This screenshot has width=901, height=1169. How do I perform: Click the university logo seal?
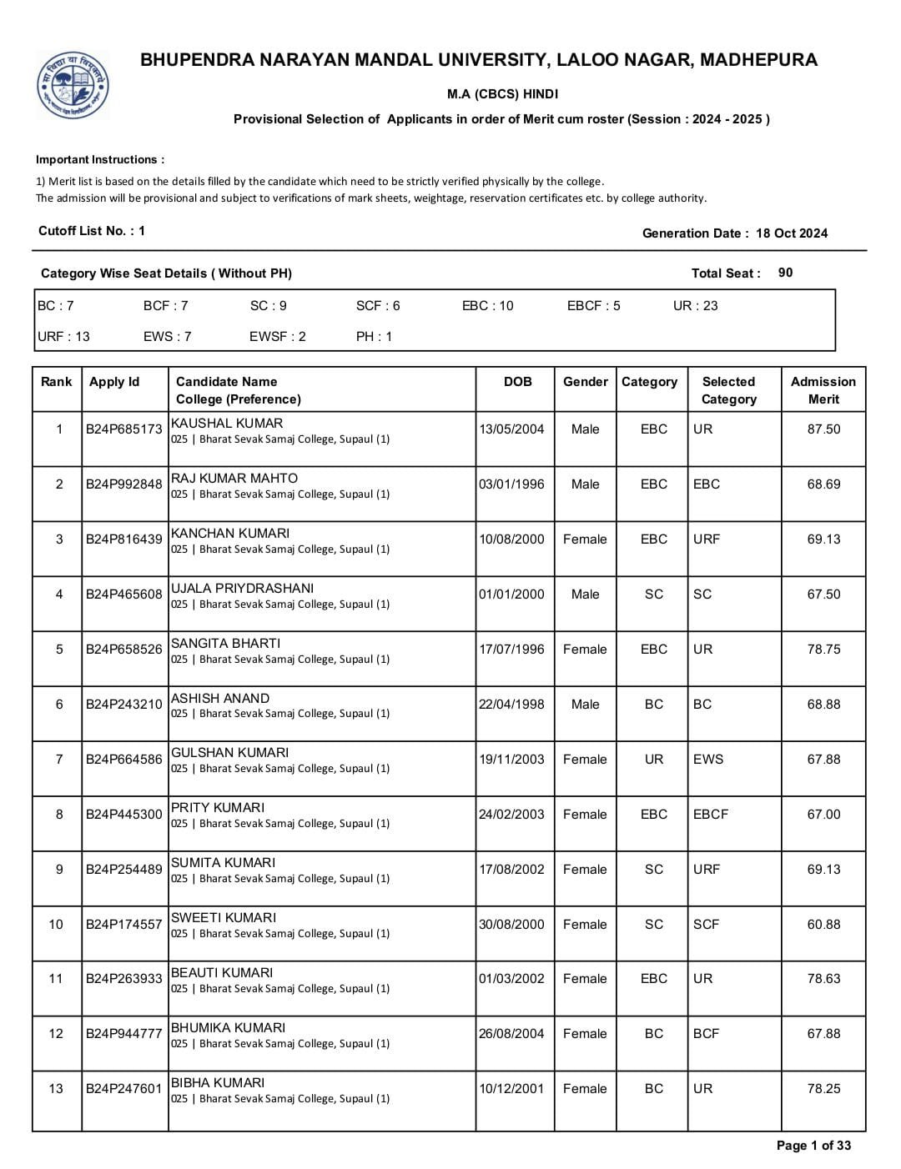[x=73, y=84]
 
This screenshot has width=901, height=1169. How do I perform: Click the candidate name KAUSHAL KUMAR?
[x=227, y=424]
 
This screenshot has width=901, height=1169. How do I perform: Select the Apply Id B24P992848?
[x=124, y=484]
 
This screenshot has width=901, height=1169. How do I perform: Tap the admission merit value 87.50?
[x=823, y=429]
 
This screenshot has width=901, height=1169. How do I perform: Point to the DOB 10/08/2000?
[x=511, y=539]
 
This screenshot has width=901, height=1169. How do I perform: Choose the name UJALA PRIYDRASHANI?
[x=242, y=589]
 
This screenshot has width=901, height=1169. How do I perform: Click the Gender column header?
[x=585, y=382]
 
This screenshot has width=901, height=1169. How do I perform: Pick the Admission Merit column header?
[x=823, y=390]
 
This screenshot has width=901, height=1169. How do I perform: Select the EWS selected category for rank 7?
[x=708, y=760]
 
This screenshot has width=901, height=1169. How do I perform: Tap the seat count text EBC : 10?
[x=488, y=306]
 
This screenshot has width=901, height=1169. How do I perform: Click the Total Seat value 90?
[x=785, y=273]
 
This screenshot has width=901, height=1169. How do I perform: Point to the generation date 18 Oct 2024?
[x=792, y=233]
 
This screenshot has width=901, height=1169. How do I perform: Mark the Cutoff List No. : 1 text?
[x=92, y=231]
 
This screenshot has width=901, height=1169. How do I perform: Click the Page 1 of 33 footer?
[x=813, y=1146]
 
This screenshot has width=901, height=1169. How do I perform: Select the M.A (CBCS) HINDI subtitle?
[x=502, y=94]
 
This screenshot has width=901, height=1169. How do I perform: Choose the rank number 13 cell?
[x=56, y=1089]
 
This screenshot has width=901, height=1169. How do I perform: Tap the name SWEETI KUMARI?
[x=223, y=918]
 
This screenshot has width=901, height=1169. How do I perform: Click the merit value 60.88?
[x=823, y=925]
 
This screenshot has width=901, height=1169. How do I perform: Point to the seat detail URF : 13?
[x=63, y=337]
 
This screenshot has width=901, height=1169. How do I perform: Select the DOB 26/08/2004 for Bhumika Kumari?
[x=511, y=1034]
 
